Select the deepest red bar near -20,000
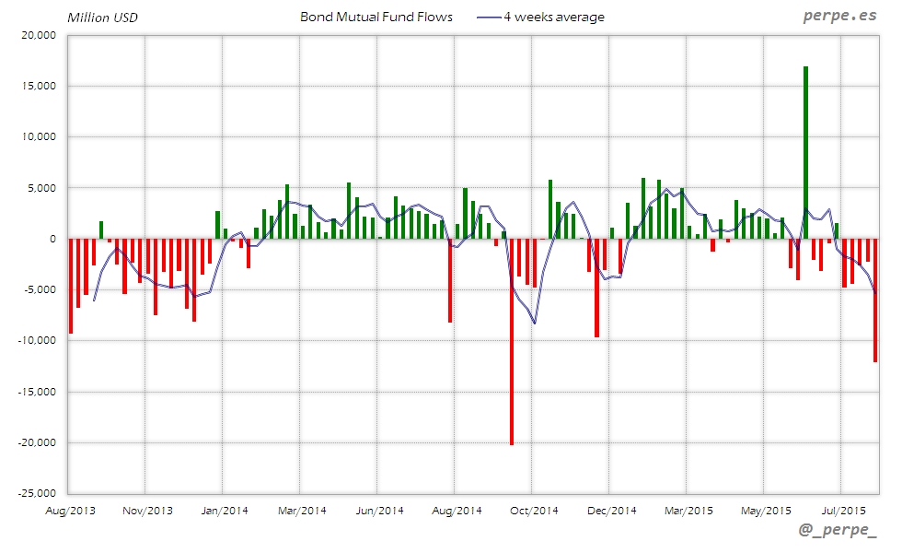[x=512, y=341]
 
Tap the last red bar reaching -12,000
[x=875, y=300]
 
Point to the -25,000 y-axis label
[x=39, y=493]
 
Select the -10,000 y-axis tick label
[x=39, y=340]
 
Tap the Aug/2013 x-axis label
[x=70, y=510]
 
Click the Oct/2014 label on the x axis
[x=534, y=510]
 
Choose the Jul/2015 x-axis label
[x=842, y=510]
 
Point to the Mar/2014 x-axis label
[x=302, y=510]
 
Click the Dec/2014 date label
[x=611, y=510]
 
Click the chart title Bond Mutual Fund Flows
[x=376, y=17]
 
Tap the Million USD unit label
[x=102, y=18]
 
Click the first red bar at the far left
[x=71, y=286]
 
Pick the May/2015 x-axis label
[x=766, y=510]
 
